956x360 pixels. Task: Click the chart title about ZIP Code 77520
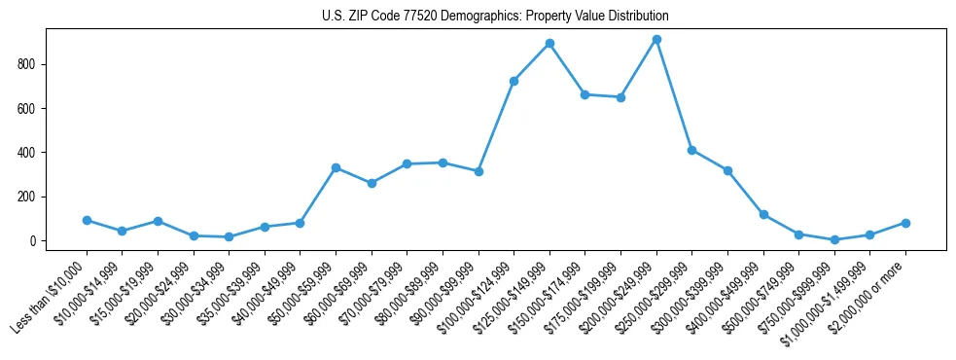[x=495, y=17]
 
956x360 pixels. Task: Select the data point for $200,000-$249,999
[x=656, y=40]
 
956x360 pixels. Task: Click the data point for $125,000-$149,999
[x=549, y=44]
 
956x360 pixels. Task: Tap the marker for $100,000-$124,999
[x=513, y=81]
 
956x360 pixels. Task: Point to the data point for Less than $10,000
[x=87, y=221]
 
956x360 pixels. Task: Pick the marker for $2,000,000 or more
[x=905, y=223]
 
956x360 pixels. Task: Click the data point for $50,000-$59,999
[x=336, y=168]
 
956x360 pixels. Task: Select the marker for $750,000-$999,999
[x=834, y=239]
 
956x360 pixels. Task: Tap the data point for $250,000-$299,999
[x=691, y=150]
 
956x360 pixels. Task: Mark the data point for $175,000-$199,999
[x=620, y=97]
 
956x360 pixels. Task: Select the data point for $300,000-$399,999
[x=727, y=170]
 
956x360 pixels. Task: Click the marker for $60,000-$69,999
[x=372, y=183]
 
